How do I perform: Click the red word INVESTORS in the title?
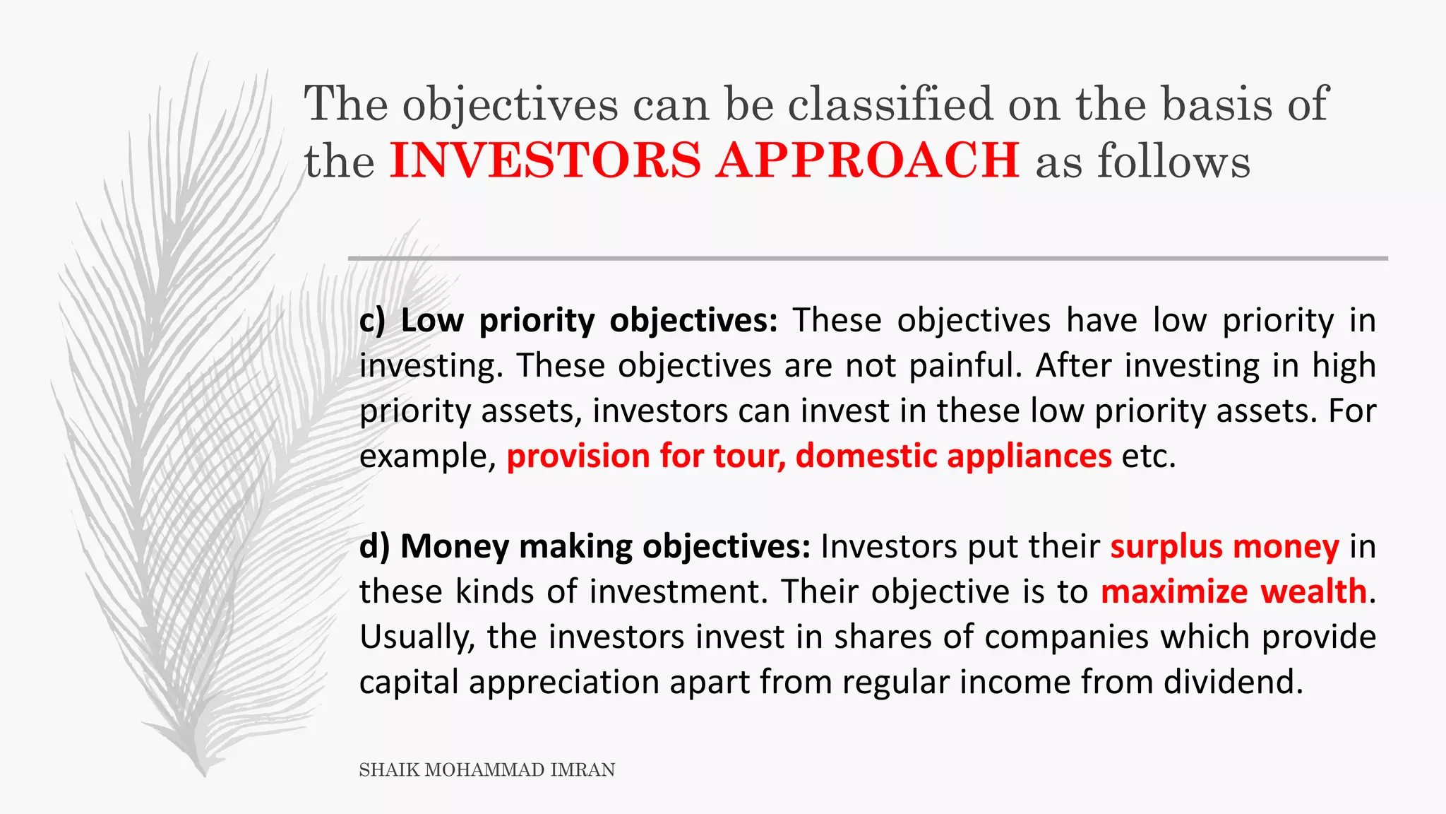(545, 160)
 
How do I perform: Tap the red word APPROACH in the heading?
(867, 160)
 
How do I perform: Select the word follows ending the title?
(1173, 161)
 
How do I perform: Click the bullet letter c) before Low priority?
(372, 321)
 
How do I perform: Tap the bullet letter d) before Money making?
(374, 547)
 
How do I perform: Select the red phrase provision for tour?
(645, 456)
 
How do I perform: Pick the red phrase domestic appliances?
(953, 456)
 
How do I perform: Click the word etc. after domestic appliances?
(1148, 456)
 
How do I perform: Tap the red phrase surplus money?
(1224, 547)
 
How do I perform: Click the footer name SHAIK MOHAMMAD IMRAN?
(486, 770)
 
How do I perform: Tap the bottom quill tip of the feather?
(203, 773)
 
